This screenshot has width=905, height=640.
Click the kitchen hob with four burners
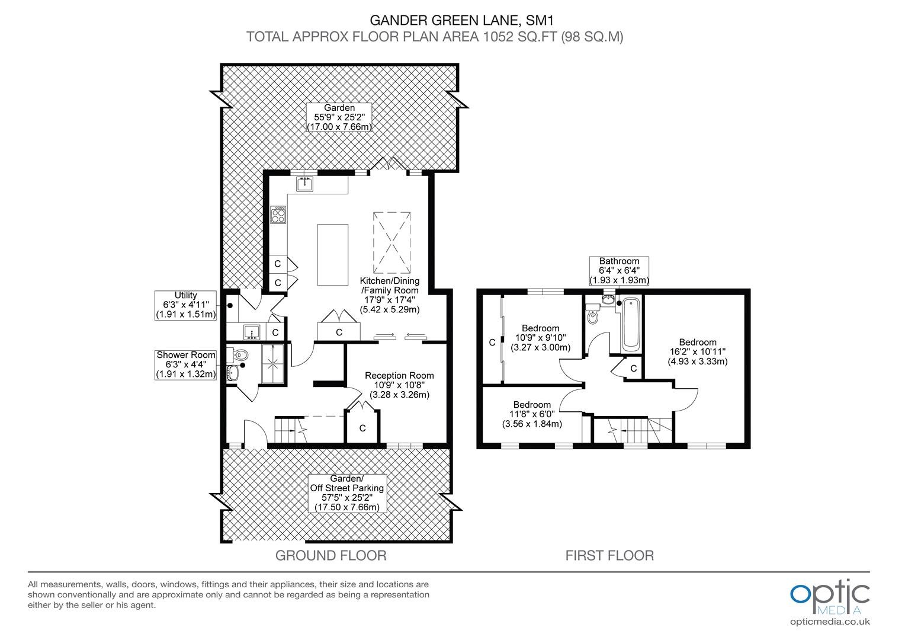tap(278, 215)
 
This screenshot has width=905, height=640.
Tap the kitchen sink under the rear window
tap(304, 184)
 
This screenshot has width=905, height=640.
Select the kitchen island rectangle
tap(333, 255)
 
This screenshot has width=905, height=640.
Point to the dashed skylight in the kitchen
tap(392, 242)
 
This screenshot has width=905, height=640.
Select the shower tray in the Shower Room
tap(274, 364)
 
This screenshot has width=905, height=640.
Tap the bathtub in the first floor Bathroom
tap(631, 325)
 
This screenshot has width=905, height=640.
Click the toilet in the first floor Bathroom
tap(593, 313)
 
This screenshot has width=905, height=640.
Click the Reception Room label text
tap(399, 385)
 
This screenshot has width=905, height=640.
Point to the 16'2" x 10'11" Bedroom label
tap(697, 352)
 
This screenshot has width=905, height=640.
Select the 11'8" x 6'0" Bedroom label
tap(532, 414)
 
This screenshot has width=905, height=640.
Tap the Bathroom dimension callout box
tap(619, 270)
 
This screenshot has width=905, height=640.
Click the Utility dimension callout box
tap(185, 306)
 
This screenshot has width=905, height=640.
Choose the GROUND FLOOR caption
tap(331, 555)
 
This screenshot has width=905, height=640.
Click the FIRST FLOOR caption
tap(609, 555)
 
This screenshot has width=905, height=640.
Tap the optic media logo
tap(830, 603)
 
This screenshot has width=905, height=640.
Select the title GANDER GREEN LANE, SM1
tap(462, 20)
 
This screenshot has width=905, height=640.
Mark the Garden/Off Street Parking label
tap(347, 493)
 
